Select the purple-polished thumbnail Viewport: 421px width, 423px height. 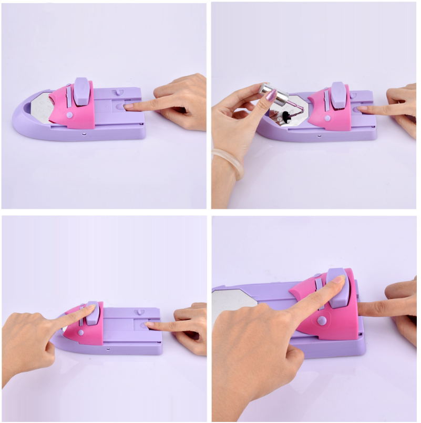271,95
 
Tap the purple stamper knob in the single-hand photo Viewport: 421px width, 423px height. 82,90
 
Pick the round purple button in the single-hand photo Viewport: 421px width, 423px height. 69,114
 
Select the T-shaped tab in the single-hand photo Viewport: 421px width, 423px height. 119,93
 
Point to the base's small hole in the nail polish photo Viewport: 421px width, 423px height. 319,136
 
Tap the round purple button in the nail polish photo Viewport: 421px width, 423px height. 326,118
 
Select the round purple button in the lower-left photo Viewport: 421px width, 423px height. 80,332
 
